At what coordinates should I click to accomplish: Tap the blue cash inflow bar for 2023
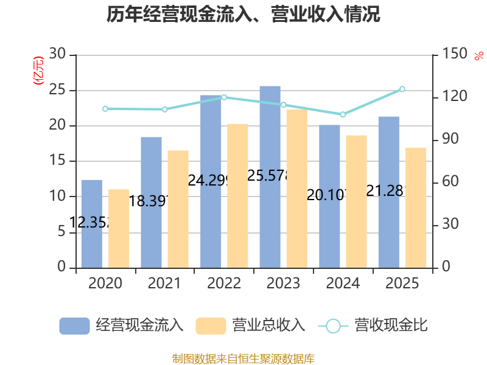click(270, 176)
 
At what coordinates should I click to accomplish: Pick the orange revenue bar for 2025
click(416, 207)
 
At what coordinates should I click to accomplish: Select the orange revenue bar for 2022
click(238, 195)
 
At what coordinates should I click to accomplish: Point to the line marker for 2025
click(402, 89)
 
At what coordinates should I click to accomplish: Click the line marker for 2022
click(224, 97)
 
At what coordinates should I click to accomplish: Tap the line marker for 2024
click(343, 114)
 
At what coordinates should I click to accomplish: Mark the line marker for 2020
click(105, 109)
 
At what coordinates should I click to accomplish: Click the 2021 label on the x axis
click(164, 283)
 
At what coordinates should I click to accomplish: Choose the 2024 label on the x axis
click(343, 283)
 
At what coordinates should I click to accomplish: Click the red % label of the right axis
click(478, 57)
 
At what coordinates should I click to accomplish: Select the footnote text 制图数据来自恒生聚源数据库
click(243, 358)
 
